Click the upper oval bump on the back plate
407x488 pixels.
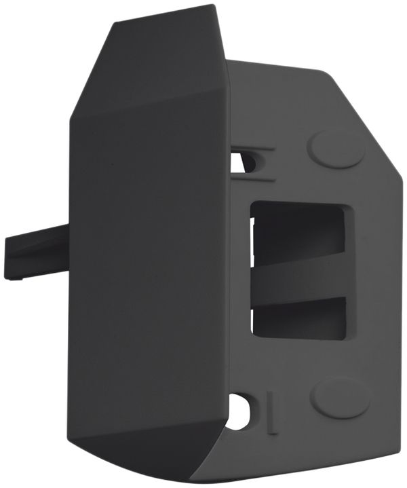tap(336, 147)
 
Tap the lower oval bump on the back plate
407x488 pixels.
tap(340, 396)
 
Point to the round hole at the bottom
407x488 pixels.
tap(239, 411)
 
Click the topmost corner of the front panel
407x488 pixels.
tap(216, 7)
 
